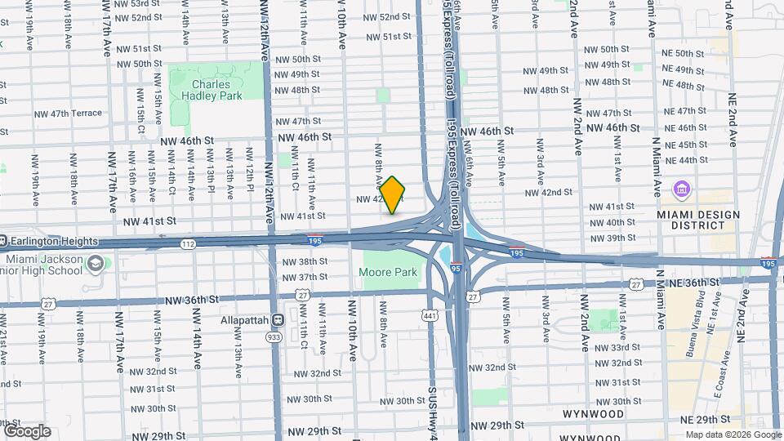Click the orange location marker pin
[393, 195]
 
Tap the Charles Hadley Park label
[217, 90]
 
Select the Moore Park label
[390, 273]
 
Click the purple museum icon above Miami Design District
[680, 190]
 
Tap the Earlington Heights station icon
[3, 241]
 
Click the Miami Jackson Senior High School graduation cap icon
[96, 263]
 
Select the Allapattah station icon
[277, 320]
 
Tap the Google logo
[27, 430]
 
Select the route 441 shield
[429, 314]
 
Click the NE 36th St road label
[692, 282]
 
